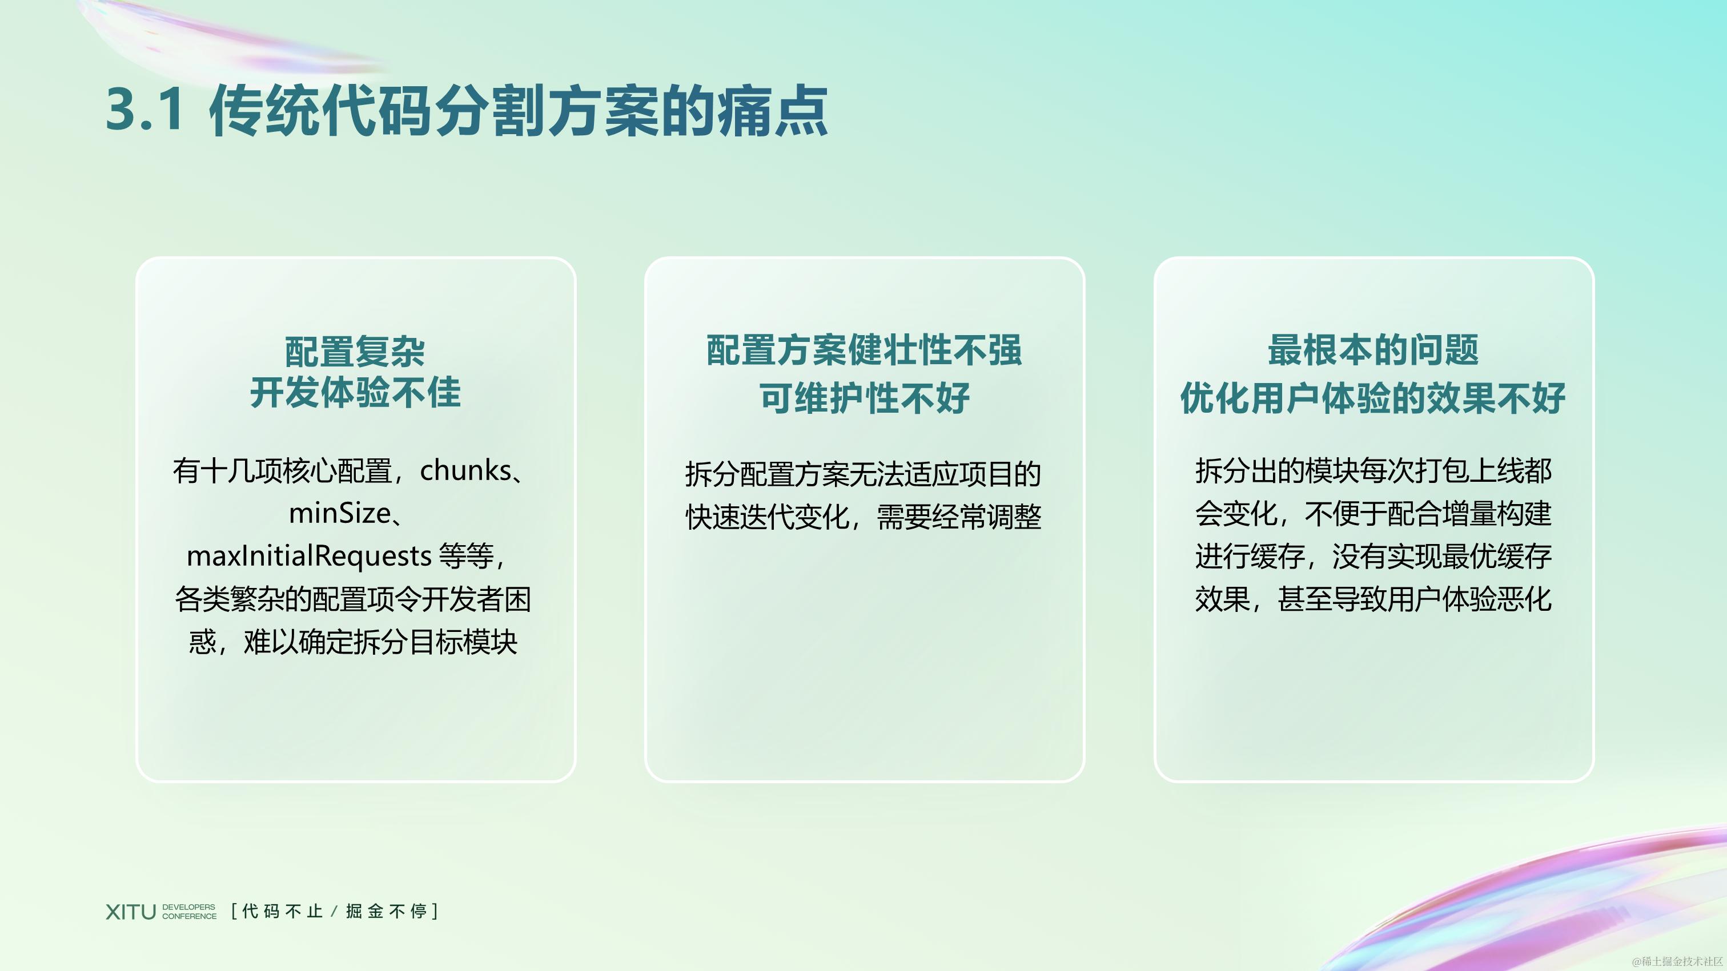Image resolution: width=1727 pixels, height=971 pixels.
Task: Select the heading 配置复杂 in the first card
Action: tap(355, 352)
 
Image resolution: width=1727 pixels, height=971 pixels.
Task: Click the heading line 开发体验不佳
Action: tap(355, 393)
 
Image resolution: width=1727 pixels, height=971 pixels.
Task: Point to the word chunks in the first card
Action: tap(465, 470)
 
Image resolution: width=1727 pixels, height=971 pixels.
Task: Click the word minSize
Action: tap(340, 513)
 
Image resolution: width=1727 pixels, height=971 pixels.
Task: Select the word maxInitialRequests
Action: tap(308, 555)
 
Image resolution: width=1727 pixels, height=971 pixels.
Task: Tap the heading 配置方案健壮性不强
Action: tap(863, 350)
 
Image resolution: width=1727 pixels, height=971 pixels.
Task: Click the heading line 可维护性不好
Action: tap(863, 398)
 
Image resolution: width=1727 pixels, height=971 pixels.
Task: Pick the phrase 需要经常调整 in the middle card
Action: tap(959, 517)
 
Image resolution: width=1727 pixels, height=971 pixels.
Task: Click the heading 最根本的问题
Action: tap(1372, 350)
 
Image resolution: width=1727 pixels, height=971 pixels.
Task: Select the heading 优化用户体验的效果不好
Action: tap(1372, 398)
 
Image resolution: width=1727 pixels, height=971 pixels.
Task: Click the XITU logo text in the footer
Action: tap(130, 912)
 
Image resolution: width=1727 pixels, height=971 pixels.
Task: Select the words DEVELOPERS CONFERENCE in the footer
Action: tap(189, 912)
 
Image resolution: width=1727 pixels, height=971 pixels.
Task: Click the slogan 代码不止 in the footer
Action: tap(282, 912)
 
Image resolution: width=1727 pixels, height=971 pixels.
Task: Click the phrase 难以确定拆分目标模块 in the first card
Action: tap(380, 642)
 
